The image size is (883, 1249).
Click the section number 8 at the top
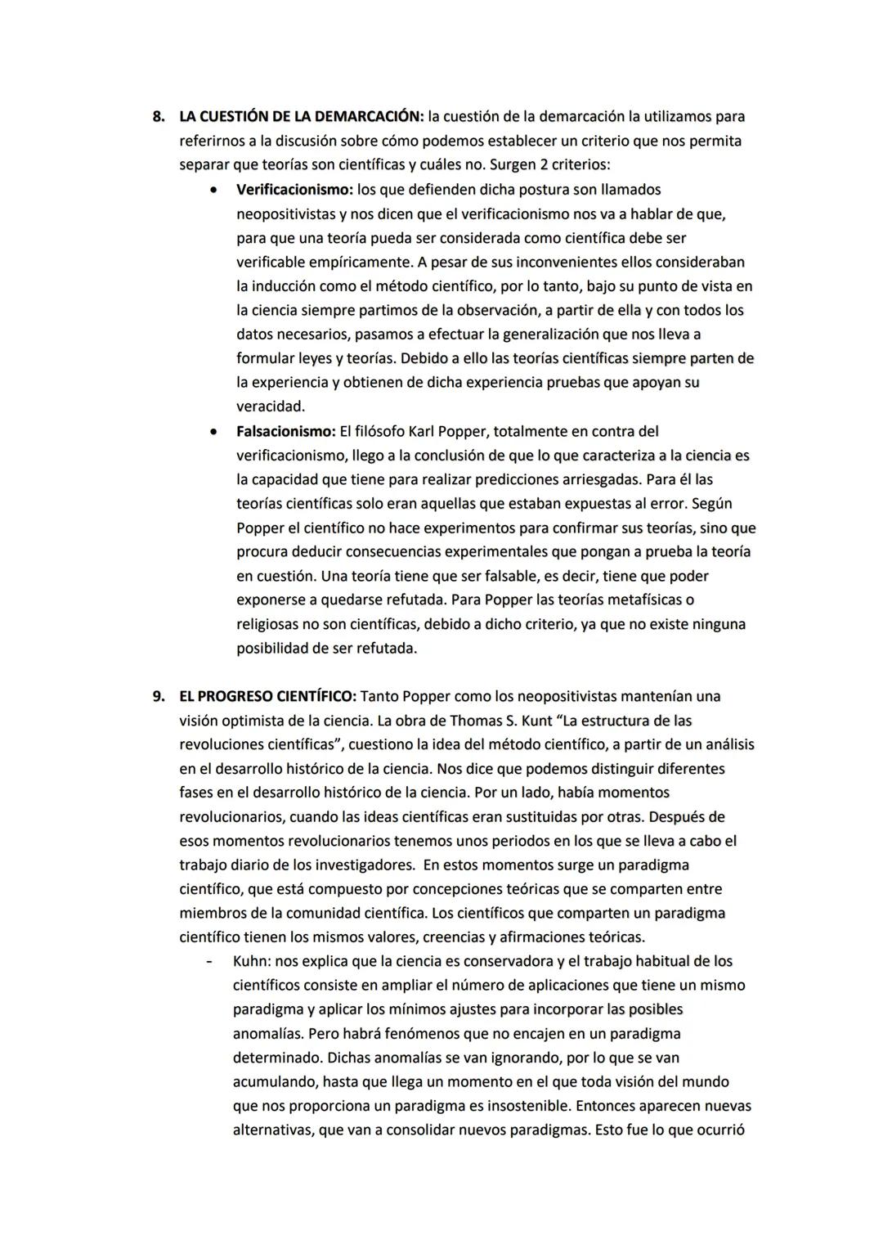point(159,117)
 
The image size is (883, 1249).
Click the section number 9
point(159,697)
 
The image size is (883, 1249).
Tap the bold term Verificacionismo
point(294,190)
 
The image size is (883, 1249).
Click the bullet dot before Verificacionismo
point(213,191)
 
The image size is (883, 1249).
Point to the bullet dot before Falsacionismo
point(213,432)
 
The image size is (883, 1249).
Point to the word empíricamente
point(363,263)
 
